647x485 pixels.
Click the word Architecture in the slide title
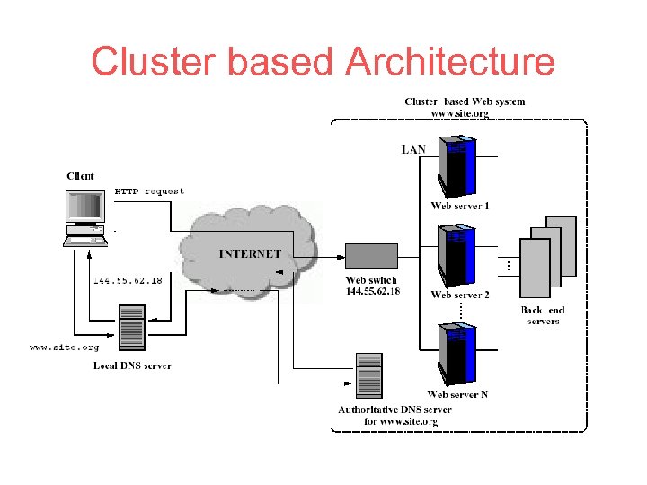[x=450, y=63]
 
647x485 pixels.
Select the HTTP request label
[x=149, y=191]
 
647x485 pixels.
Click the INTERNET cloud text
[x=250, y=254]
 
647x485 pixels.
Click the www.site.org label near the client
[x=64, y=346]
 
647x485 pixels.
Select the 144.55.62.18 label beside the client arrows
[x=129, y=280]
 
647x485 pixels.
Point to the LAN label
[x=413, y=150]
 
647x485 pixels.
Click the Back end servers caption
[x=544, y=316]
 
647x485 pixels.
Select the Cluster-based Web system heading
[x=465, y=101]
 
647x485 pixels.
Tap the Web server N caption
[x=458, y=394]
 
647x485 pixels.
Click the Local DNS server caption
[x=132, y=366]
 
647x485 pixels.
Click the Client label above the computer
[x=80, y=176]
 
